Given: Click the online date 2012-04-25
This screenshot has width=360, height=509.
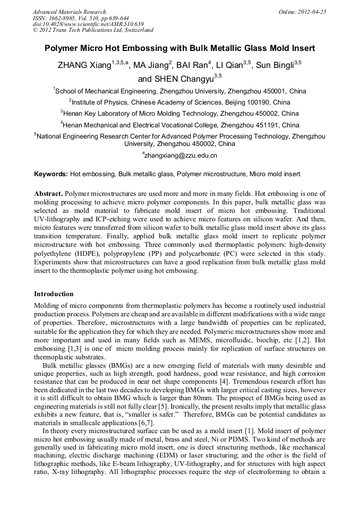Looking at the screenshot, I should tap(313, 12).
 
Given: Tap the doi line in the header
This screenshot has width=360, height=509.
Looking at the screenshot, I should tap(88, 24).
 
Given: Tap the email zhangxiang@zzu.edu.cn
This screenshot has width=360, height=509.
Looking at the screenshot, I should tap(181, 156).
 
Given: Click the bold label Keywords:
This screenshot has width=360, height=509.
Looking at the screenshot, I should tap(51, 174).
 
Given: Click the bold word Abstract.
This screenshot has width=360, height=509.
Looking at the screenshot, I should tap(48, 194).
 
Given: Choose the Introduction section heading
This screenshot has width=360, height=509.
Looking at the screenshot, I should tap(54, 294).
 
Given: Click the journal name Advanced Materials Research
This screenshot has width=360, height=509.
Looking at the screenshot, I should tap(69, 12).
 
